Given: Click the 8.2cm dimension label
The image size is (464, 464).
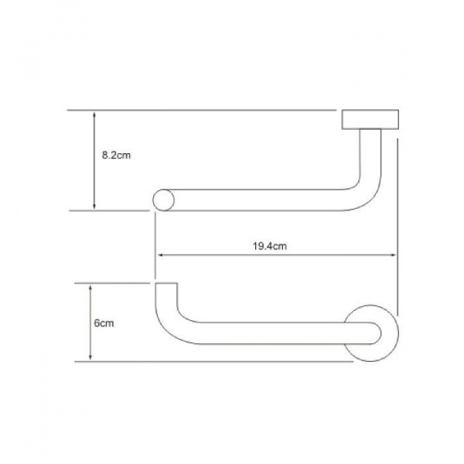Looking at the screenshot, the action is pyautogui.click(x=116, y=155).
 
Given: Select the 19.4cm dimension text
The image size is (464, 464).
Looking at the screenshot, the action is pyautogui.click(x=270, y=246).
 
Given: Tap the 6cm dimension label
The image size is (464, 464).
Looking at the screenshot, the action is pyautogui.click(x=104, y=323).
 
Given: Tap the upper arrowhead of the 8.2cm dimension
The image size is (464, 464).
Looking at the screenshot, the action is pyautogui.click(x=94, y=114).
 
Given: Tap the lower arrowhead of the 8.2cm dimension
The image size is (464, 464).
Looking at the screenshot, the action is pyautogui.click(x=94, y=206).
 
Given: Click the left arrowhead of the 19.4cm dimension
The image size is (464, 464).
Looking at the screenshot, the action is pyautogui.click(x=160, y=254).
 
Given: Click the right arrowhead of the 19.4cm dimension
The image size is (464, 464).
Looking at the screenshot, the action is pyautogui.click(x=392, y=254).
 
